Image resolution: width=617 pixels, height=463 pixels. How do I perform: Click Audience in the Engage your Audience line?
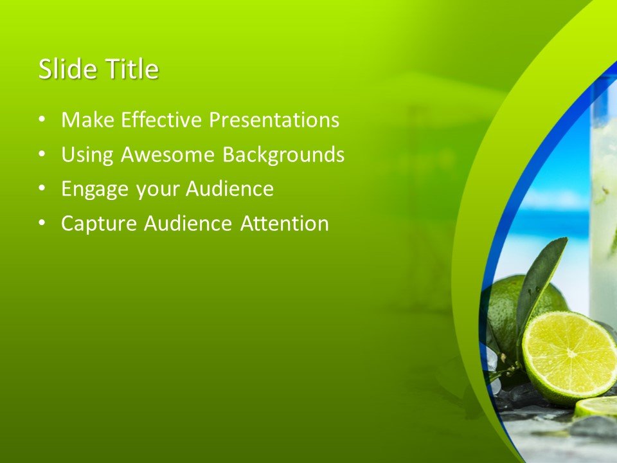229,190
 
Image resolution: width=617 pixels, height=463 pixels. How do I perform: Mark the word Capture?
99,224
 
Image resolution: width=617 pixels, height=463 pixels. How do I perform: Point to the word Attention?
284,224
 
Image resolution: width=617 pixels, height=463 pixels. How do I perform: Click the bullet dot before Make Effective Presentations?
42,120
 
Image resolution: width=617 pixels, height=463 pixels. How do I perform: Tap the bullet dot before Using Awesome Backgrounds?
42,154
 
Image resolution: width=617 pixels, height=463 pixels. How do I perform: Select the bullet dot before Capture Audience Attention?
42,224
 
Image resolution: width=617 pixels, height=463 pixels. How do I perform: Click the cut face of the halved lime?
569,356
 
